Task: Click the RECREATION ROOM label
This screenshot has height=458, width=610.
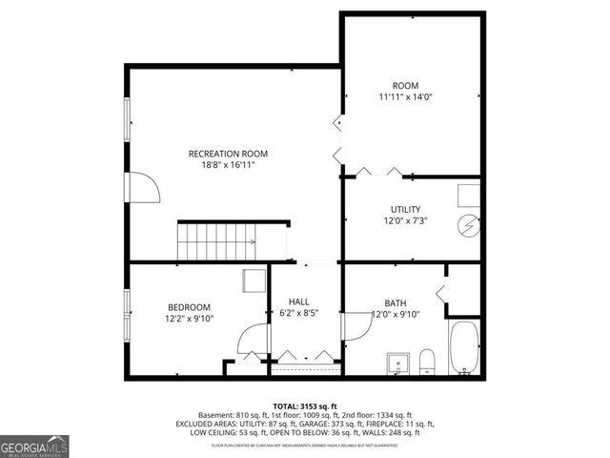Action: coord(228,154)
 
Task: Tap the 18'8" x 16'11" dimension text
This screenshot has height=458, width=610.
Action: coord(228,165)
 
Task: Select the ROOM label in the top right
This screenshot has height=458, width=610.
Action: coord(405,86)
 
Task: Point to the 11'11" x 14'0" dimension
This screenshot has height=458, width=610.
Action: coord(405,97)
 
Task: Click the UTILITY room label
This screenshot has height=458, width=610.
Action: coord(405,210)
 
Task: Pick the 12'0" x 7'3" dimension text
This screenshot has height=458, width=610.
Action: coord(405,221)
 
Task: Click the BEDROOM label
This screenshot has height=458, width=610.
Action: coord(189,306)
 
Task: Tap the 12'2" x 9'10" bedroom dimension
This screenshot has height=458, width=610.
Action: coord(189,318)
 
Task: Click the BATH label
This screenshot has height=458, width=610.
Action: coord(395,302)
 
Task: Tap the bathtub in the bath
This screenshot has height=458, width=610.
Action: coord(464,348)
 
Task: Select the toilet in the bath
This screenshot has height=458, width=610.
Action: coord(427,362)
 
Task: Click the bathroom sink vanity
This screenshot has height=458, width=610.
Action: coord(397,364)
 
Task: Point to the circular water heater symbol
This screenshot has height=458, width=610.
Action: coord(468,225)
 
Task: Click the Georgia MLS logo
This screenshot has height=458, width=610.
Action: coord(34,446)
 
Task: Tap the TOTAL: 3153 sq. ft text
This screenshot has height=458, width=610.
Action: coord(305,406)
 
